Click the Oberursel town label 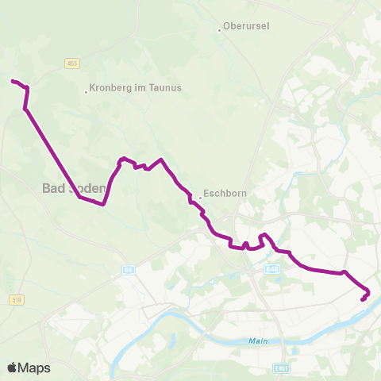point(247,26)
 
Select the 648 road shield point(272,269)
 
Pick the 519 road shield point(17,299)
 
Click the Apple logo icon point(13,368)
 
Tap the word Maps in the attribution point(36,368)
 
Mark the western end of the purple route point(12,80)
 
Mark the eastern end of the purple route point(363,300)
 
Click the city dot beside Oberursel point(220,30)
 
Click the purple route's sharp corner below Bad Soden point(103,204)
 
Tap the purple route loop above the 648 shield point(264,236)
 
